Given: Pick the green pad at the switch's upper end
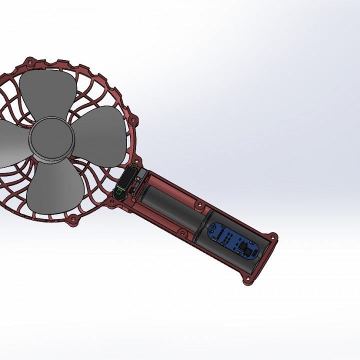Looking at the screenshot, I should [134, 166].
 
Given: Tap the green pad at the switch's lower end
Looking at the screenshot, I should [119, 191].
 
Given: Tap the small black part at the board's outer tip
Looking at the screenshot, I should [245, 247].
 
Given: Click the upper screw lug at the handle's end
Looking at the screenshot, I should [273, 235].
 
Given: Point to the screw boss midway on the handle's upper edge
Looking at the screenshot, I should [199, 204].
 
